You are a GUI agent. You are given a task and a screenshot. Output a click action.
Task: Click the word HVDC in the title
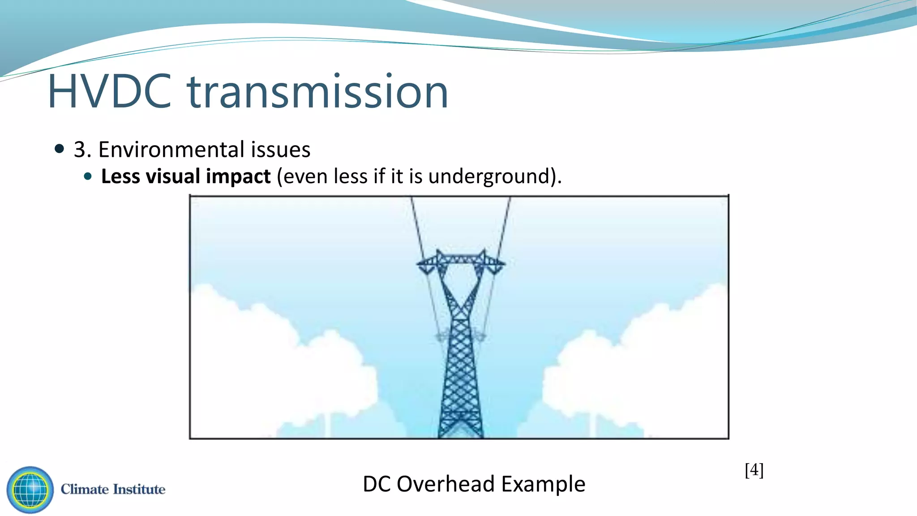click(x=110, y=92)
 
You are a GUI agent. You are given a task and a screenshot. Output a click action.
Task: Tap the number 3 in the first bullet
click(x=79, y=150)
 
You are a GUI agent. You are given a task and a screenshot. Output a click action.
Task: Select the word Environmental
click(x=171, y=150)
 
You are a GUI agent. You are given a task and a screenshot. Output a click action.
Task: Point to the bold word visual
click(x=175, y=176)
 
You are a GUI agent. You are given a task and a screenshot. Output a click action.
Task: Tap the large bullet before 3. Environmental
click(x=59, y=149)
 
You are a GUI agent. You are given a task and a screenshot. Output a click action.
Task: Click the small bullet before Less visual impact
click(x=88, y=176)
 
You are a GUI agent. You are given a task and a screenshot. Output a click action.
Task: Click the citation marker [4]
click(x=754, y=470)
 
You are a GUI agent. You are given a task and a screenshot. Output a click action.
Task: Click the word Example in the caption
click(x=543, y=484)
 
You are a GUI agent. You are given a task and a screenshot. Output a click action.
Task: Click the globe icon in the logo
click(x=30, y=490)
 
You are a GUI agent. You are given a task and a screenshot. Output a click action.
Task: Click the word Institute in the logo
click(x=139, y=489)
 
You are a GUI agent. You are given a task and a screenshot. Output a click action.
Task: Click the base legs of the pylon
click(x=460, y=428)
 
